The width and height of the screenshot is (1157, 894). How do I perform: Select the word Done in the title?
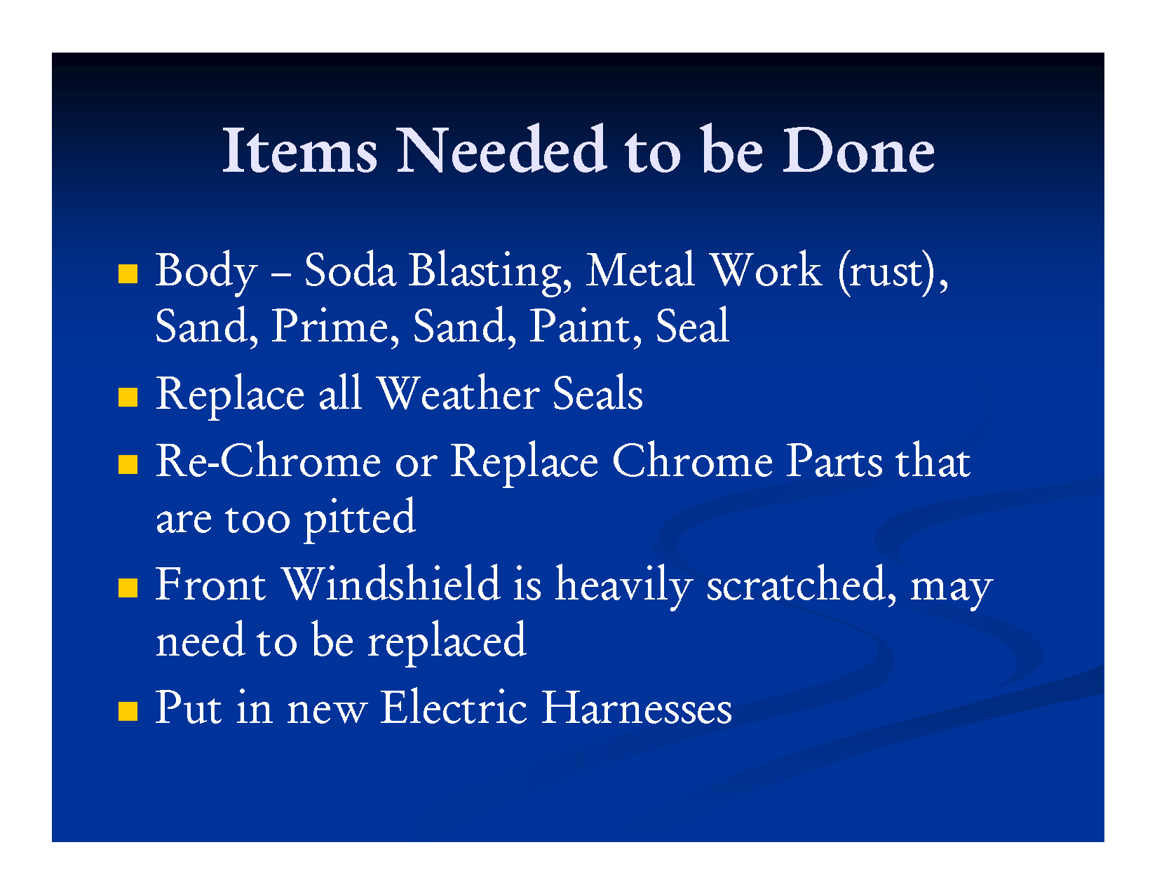point(858,151)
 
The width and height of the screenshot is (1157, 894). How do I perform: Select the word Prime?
point(335,326)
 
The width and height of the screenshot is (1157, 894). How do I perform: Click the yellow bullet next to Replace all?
point(128,397)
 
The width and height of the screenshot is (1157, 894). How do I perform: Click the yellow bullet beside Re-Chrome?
point(128,464)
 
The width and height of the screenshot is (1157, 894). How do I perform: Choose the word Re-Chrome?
point(269,461)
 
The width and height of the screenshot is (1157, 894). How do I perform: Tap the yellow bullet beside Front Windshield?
point(128,588)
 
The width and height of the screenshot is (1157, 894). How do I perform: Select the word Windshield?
point(391,583)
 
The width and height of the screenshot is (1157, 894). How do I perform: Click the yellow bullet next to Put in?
point(128,711)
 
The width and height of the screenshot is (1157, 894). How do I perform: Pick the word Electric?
point(454,707)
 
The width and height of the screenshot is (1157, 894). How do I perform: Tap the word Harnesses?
point(637,707)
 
